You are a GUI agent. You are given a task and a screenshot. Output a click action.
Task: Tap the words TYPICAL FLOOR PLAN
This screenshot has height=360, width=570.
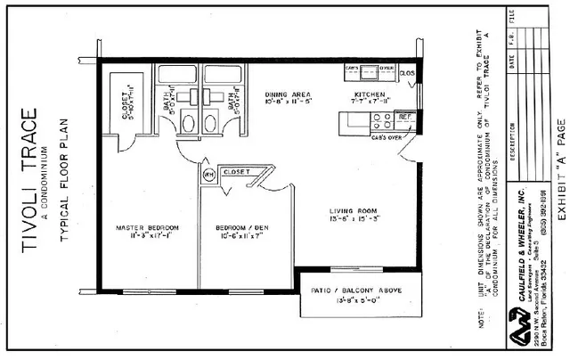point(66,177)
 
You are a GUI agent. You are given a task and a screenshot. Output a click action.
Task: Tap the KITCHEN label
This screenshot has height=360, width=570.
point(369,94)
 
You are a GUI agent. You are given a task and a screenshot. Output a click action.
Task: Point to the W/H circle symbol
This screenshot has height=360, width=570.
point(208,174)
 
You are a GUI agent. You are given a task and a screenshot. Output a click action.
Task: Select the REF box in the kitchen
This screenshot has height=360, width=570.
point(403,117)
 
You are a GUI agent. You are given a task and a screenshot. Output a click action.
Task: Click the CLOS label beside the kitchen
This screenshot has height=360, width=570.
point(407,73)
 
